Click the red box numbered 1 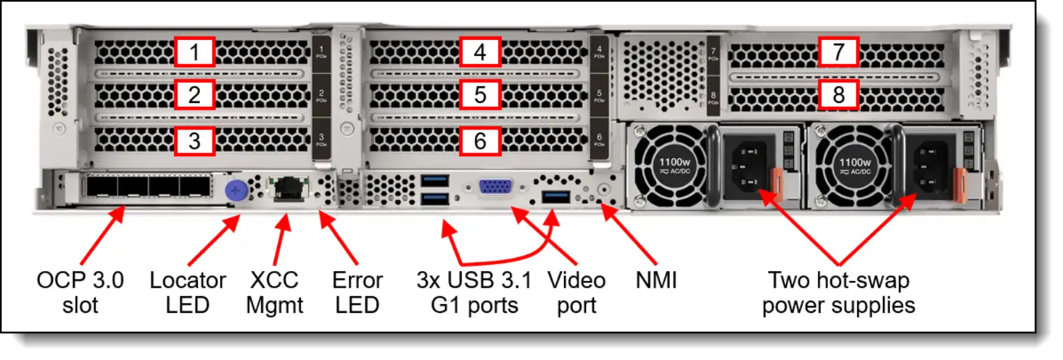pos(195,52)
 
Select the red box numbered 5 pos(480,95)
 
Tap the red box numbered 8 pos(838,95)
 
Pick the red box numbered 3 pos(195,141)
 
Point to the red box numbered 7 pos(838,52)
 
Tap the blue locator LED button pos(236,191)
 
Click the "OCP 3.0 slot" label pos(80,292)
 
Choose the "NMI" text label pos(656,280)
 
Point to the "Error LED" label pos(357,292)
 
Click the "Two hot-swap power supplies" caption pos(838,292)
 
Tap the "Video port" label pos(576,292)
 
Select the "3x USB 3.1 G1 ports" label pos(474,292)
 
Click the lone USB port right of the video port pos(555,197)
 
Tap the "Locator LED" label pos(187,292)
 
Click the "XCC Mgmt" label pos(274,292)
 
